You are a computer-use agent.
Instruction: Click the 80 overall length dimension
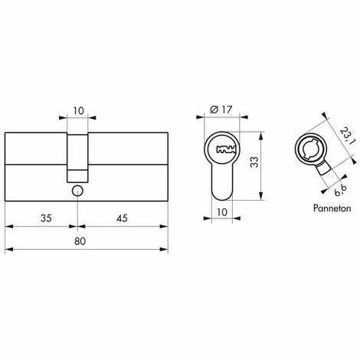[x=80, y=241]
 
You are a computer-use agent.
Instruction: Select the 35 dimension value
[x=46, y=218]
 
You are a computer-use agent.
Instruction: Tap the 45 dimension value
[x=122, y=218]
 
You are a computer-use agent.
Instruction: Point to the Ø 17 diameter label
[x=221, y=110]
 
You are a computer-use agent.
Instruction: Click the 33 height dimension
[x=254, y=162]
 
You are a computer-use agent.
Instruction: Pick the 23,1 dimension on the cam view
[x=347, y=136]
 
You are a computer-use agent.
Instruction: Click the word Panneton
[x=332, y=208]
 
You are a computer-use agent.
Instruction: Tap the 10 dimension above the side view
[x=78, y=111]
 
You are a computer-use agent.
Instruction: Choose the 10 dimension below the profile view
[x=222, y=212]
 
